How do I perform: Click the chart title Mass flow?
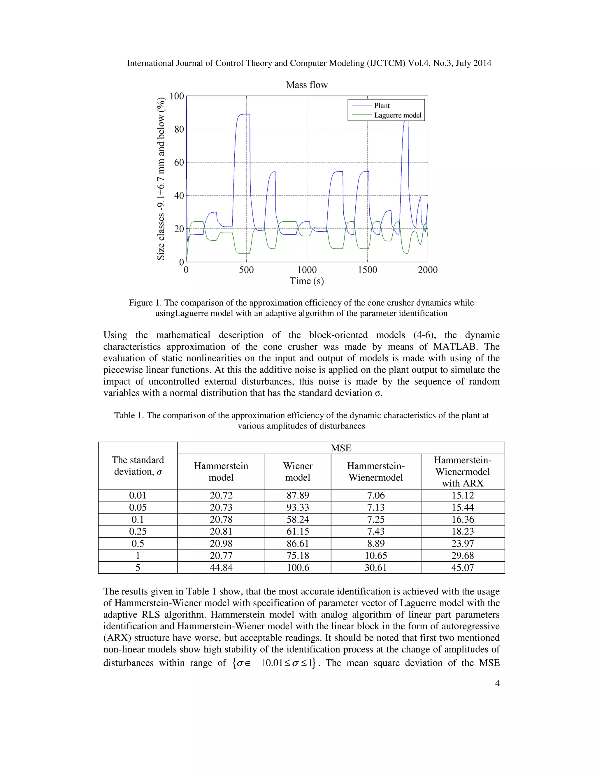pos(307,85)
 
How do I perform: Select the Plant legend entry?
pos(382,106)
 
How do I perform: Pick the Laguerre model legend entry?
pos(398,115)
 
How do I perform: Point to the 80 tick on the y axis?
pos(179,129)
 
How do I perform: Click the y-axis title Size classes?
pos(161,179)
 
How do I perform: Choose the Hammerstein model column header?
pos(221,472)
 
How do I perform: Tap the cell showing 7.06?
pos(375,495)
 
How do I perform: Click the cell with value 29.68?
pos(462,555)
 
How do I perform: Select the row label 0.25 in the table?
pos(138,531)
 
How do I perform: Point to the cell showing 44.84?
pos(221,568)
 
